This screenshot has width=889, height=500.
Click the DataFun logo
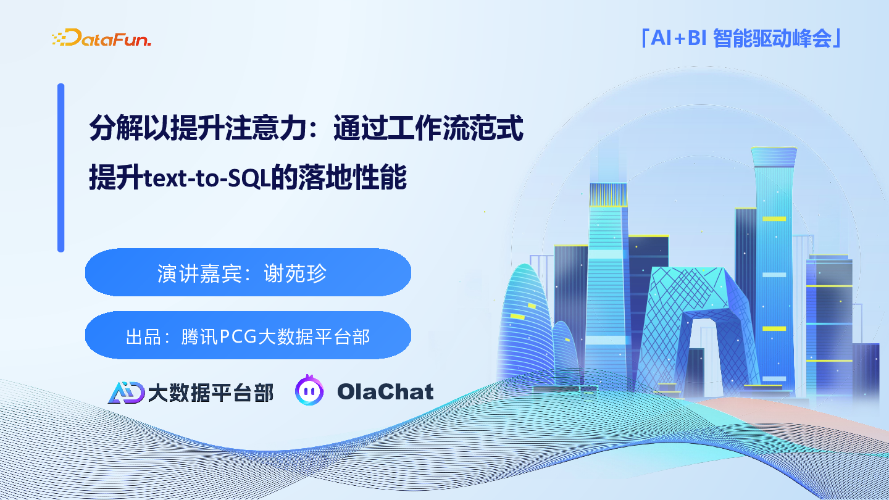[102, 38]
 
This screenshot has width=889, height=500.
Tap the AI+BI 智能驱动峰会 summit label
[741, 38]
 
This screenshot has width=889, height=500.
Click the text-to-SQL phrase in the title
[207, 178]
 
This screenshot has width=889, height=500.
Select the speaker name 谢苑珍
[295, 273]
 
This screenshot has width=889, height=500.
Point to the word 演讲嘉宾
[199, 273]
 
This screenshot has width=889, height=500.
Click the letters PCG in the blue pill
[238, 336]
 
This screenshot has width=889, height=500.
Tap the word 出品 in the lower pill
[143, 336]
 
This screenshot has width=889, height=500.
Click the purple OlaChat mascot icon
[309, 390]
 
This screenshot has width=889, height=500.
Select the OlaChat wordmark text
[385, 391]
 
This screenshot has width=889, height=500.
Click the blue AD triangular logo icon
[126, 393]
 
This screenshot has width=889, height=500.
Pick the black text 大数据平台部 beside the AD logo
[211, 393]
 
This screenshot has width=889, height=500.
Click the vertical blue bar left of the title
[61, 167]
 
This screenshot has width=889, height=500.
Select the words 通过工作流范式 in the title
[428, 128]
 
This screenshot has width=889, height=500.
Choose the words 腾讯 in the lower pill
[199, 336]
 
